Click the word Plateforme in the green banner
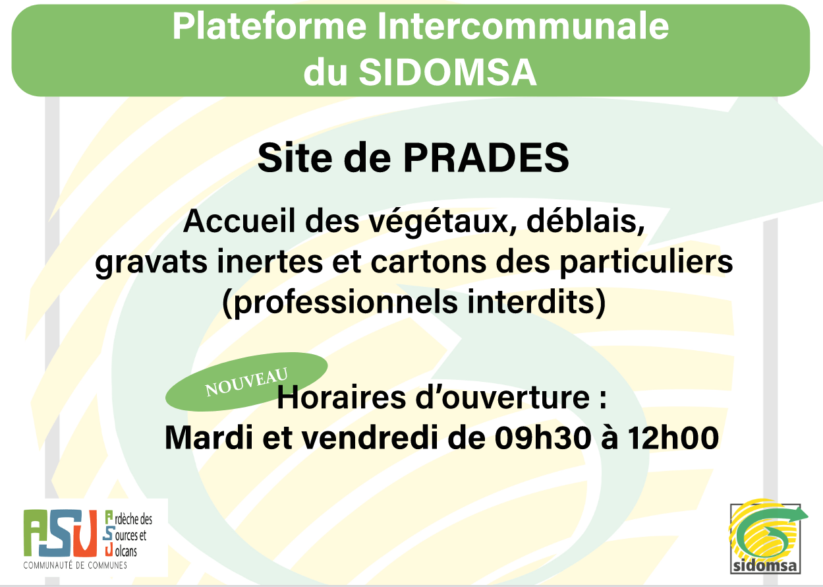point(270,26)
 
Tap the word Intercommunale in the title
point(523,26)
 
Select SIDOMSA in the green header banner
point(447,72)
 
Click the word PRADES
point(486,158)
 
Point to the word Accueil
point(239,222)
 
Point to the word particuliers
point(646,262)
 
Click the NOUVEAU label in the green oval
point(246,382)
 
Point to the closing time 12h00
point(673,438)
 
